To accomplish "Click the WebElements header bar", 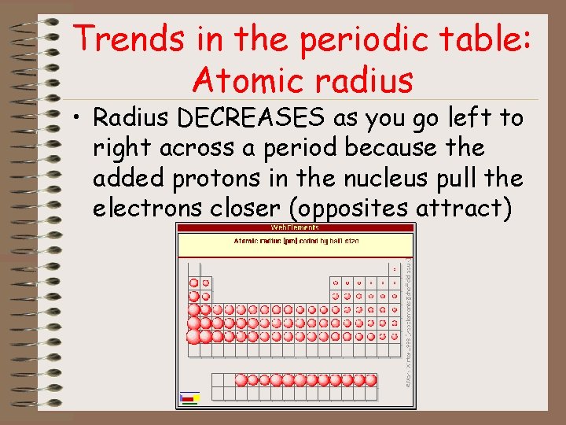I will click(296, 228).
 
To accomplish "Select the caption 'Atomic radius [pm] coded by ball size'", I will click(296, 240).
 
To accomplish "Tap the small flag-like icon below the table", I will click(189, 397).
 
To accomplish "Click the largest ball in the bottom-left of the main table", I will click(194, 337).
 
